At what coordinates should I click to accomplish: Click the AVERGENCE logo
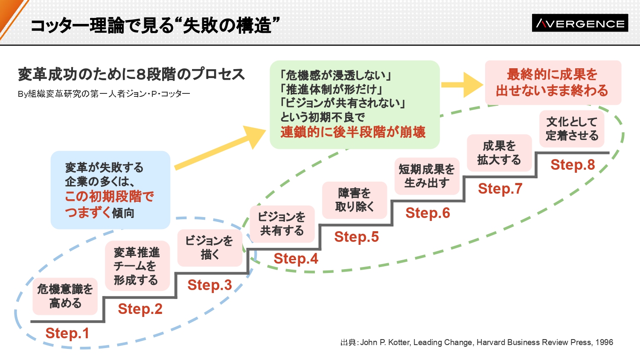(580, 23)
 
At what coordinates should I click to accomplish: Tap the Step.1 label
(67, 333)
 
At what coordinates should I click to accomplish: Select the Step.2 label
(140, 309)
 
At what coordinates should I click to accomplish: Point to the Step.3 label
(209, 285)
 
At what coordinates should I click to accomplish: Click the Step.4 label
(296, 258)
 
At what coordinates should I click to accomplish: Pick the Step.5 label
(356, 237)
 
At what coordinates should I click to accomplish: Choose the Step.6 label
(428, 213)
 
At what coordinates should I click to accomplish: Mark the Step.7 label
(500, 189)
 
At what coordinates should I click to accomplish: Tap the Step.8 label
(573, 165)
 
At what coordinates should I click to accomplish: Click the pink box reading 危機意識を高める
(65, 296)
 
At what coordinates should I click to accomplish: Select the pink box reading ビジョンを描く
(209, 248)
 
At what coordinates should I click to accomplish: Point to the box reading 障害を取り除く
(355, 200)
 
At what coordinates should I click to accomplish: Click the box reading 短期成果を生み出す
(427, 176)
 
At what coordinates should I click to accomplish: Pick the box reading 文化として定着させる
(572, 129)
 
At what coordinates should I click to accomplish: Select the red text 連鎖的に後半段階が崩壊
(353, 132)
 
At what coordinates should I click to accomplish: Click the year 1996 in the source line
(604, 342)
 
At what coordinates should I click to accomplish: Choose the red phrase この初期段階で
(109, 196)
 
